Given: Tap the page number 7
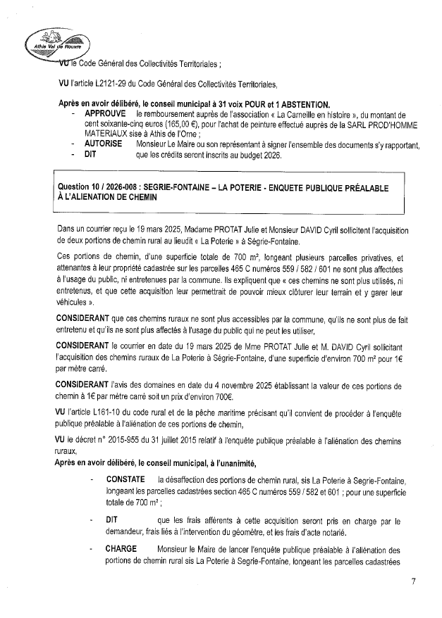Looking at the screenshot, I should [x=414, y=581].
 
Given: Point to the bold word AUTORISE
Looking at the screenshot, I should [x=103, y=144].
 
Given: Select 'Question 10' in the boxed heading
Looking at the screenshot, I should [x=80, y=188].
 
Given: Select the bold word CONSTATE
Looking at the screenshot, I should [x=125, y=479].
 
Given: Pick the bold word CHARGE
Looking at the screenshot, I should [x=121, y=550].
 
